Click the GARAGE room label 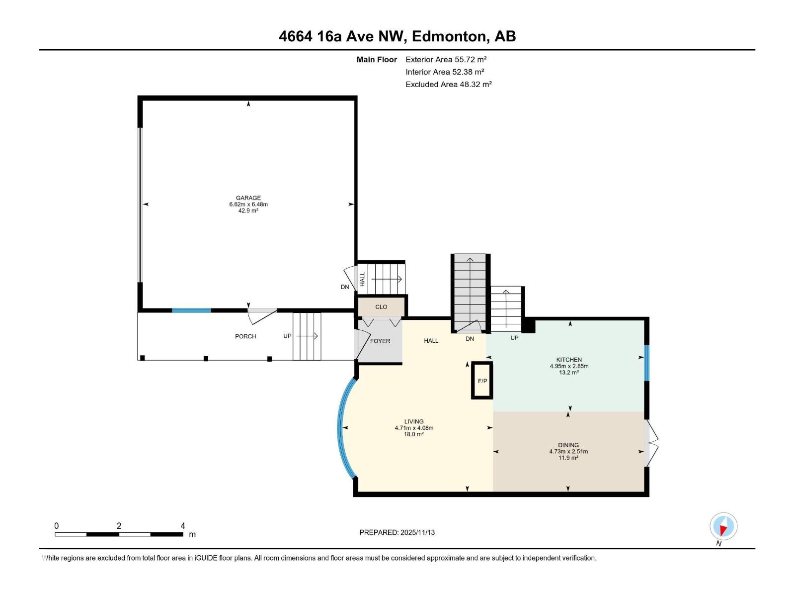coord(248,198)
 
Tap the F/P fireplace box coord(482,381)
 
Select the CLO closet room coord(381,307)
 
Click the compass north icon coord(723,526)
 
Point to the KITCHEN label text coord(569,360)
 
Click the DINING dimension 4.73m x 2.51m coord(568,452)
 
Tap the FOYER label coord(380,341)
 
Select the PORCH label coord(245,337)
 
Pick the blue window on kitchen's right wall coord(646,363)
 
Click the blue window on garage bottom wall coord(191,310)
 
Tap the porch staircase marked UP coord(307,336)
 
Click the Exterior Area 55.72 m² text coord(446,59)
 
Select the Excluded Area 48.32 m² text coord(448,85)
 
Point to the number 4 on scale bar coord(182,526)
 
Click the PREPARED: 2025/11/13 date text coord(397,532)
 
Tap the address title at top coord(397,36)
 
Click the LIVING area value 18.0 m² coord(413,434)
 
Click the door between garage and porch coord(261,311)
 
